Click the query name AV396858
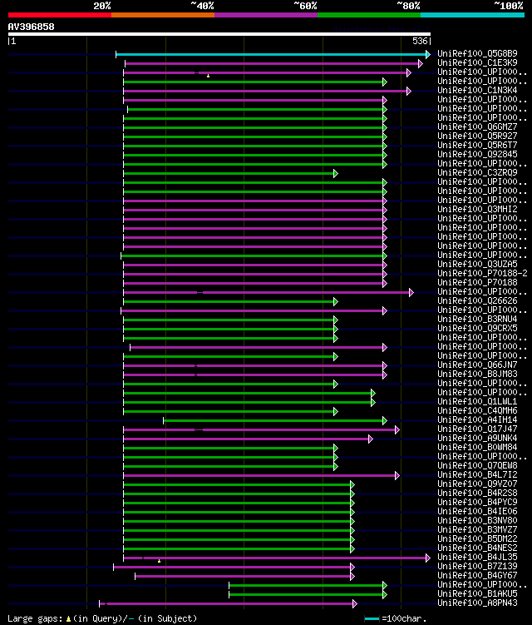click(x=32, y=27)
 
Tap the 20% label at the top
click(x=102, y=5)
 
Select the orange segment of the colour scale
click(x=162, y=15)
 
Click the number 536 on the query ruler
click(x=420, y=41)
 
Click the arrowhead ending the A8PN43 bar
click(x=355, y=603)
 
